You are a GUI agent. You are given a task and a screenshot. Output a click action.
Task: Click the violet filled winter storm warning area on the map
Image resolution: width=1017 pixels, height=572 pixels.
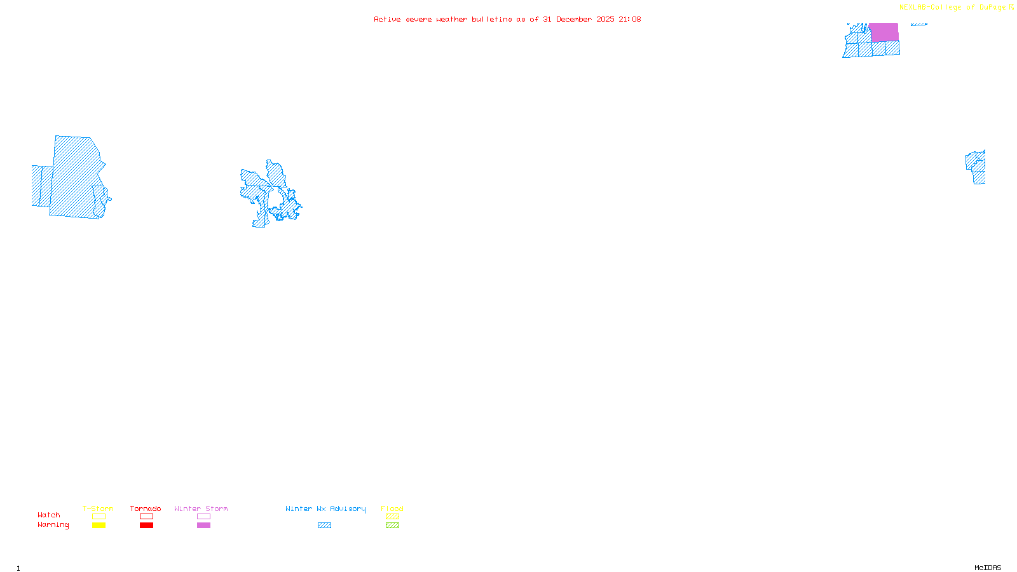point(884,32)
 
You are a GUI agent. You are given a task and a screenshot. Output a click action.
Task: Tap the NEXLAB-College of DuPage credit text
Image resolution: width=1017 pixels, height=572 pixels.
point(952,8)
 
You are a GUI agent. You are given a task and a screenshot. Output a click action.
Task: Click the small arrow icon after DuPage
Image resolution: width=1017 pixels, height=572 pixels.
point(1011,7)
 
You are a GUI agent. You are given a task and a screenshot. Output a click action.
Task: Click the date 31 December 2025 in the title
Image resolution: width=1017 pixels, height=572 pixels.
point(578,19)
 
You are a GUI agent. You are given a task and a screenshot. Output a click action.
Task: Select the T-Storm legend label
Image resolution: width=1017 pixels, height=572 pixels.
point(98,508)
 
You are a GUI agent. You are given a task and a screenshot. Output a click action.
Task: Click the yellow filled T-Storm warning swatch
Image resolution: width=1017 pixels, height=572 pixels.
point(99,526)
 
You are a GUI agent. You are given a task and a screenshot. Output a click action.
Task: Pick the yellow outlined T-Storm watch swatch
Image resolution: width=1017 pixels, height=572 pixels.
point(99,517)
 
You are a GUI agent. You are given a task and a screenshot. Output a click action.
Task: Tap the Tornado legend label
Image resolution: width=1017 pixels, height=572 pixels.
point(146,508)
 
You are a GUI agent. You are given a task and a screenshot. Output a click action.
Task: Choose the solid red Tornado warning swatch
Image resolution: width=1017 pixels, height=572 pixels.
point(146,526)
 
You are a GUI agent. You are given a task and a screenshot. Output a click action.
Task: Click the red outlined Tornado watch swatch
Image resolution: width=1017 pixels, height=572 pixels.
point(146,517)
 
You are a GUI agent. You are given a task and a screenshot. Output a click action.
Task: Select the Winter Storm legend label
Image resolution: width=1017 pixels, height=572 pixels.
point(201,508)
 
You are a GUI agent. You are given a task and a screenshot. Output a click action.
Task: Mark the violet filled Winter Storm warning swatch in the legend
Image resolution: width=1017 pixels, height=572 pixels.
point(203,526)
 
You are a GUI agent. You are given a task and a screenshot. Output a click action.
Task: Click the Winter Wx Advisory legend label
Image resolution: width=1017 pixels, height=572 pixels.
point(325,508)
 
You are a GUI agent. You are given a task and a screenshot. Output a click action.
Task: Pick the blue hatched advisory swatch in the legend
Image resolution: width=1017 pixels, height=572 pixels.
point(324,526)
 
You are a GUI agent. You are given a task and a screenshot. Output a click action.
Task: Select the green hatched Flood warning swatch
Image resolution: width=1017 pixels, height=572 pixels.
point(392,526)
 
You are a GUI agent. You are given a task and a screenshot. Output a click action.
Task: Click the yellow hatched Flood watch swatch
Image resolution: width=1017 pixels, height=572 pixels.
point(392,517)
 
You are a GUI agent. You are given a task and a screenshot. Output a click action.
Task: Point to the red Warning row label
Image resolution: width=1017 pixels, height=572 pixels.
point(53,525)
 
